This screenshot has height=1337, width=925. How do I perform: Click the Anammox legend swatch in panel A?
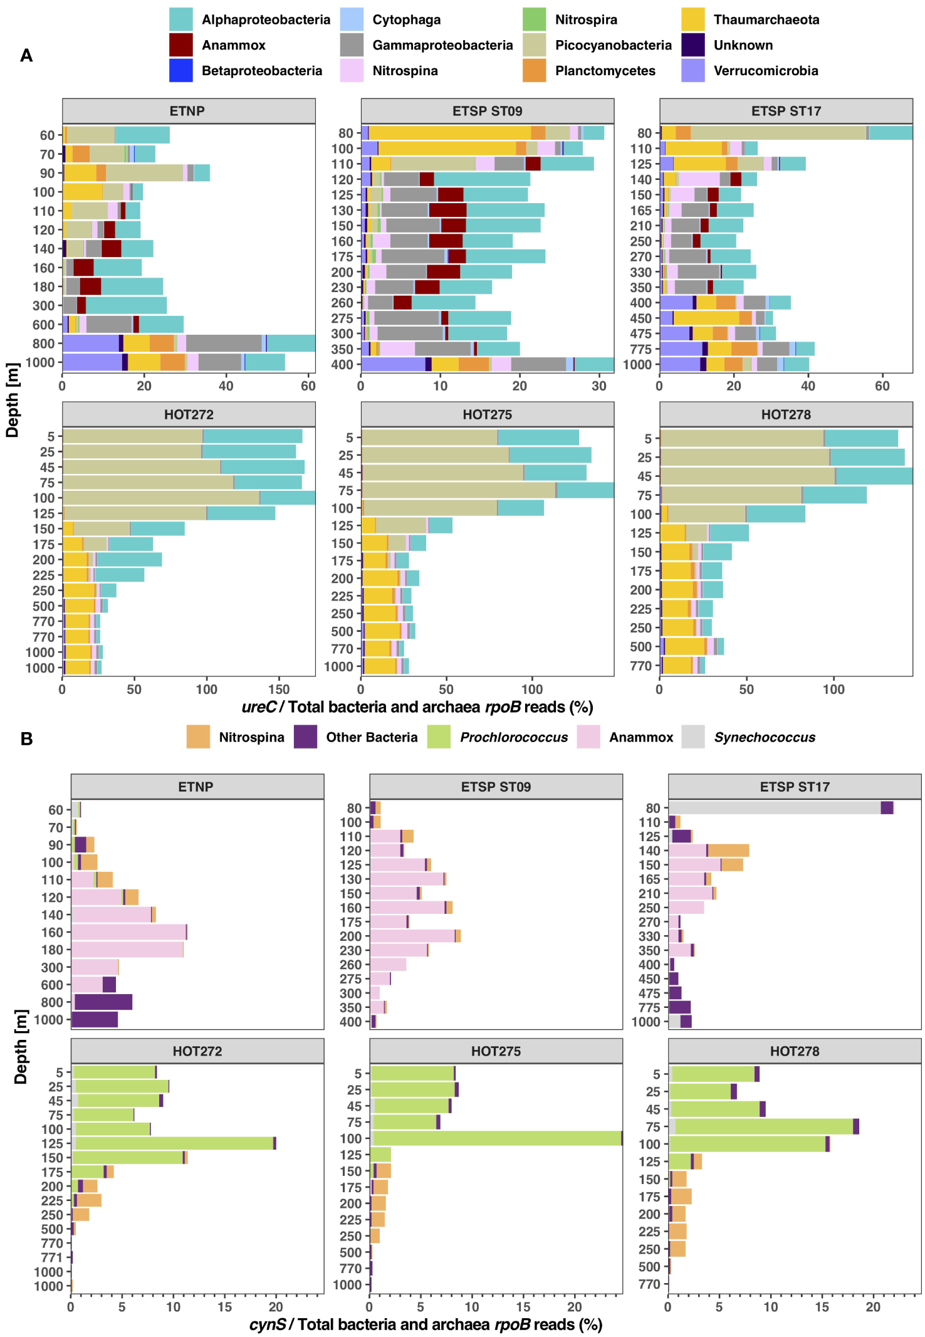(180, 45)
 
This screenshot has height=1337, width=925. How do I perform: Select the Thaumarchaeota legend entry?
(766, 19)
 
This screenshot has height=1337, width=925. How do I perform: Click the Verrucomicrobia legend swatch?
(693, 70)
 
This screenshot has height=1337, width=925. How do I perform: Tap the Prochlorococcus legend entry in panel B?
(513, 737)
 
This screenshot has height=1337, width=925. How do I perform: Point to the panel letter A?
(26, 56)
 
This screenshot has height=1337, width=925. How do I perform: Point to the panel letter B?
(26, 738)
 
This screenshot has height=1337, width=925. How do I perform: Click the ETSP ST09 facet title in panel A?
(487, 111)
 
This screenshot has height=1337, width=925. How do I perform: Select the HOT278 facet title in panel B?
(794, 1051)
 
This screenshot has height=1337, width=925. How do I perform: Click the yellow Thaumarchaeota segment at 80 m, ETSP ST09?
(449, 133)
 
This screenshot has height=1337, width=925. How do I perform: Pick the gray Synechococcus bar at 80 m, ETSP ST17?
(774, 808)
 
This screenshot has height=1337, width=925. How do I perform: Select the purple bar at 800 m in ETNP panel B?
(103, 1002)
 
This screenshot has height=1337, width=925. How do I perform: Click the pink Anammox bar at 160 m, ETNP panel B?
(128, 932)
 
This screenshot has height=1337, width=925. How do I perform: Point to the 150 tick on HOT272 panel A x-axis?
(278, 689)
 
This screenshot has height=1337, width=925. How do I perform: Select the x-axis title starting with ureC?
(417, 707)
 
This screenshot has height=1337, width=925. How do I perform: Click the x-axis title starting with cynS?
(426, 1324)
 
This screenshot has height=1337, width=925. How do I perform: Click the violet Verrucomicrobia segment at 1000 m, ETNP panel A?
(92, 362)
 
